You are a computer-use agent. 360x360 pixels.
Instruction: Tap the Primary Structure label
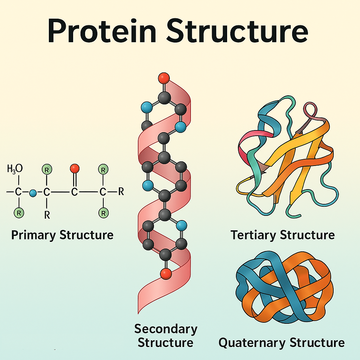click(x=62, y=235)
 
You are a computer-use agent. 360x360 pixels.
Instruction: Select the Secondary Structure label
click(x=166, y=336)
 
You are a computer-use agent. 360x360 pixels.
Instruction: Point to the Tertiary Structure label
click(x=282, y=235)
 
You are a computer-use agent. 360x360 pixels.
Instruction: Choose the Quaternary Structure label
click(x=281, y=342)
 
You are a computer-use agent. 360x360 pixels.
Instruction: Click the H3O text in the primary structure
click(x=15, y=169)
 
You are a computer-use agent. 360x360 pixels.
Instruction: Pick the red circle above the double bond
click(x=74, y=169)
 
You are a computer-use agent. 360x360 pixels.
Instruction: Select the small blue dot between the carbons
click(x=33, y=193)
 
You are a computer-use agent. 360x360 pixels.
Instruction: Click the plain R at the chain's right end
click(x=121, y=192)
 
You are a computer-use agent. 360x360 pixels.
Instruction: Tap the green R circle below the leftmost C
click(x=18, y=212)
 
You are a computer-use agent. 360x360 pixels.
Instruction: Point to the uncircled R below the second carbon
click(x=47, y=214)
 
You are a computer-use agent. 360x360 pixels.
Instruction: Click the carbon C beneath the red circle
click(x=74, y=192)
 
